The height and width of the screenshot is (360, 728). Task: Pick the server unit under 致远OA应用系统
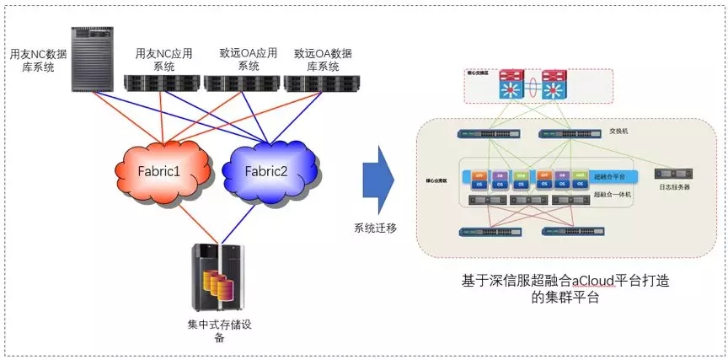[241, 83]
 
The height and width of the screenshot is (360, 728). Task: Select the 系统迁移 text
[376, 227]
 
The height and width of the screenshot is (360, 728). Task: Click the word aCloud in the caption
[573, 280]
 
